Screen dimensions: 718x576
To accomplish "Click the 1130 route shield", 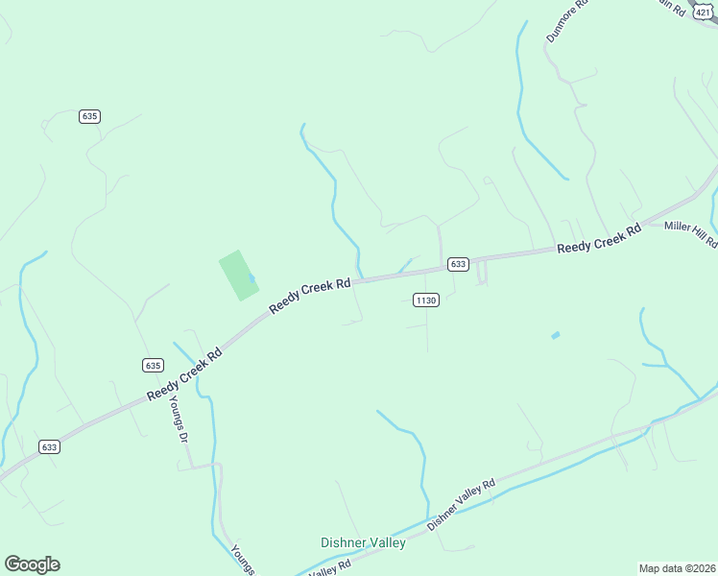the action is point(426,300).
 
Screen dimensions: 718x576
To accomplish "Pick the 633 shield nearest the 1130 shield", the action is point(458,264).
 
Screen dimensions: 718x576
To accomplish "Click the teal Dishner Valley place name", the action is point(363,542).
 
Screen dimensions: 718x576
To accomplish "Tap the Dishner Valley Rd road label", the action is point(461,504).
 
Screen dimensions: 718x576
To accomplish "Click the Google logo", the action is point(32,564).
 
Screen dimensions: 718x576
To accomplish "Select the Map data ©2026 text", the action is point(676,568).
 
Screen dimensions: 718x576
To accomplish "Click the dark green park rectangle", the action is point(238,275).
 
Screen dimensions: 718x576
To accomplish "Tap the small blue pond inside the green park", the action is point(251,279).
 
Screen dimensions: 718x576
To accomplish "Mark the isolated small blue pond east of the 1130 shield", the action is point(555,335).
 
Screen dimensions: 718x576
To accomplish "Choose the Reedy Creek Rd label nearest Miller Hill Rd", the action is point(599,240).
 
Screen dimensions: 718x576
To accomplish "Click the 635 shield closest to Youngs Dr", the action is point(153,365).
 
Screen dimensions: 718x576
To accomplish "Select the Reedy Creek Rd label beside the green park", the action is point(310,290).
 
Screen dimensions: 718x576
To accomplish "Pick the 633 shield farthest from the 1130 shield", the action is point(50,446).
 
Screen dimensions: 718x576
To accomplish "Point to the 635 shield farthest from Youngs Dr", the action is point(89,116).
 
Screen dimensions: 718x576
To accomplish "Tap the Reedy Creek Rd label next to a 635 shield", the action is point(185,374).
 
